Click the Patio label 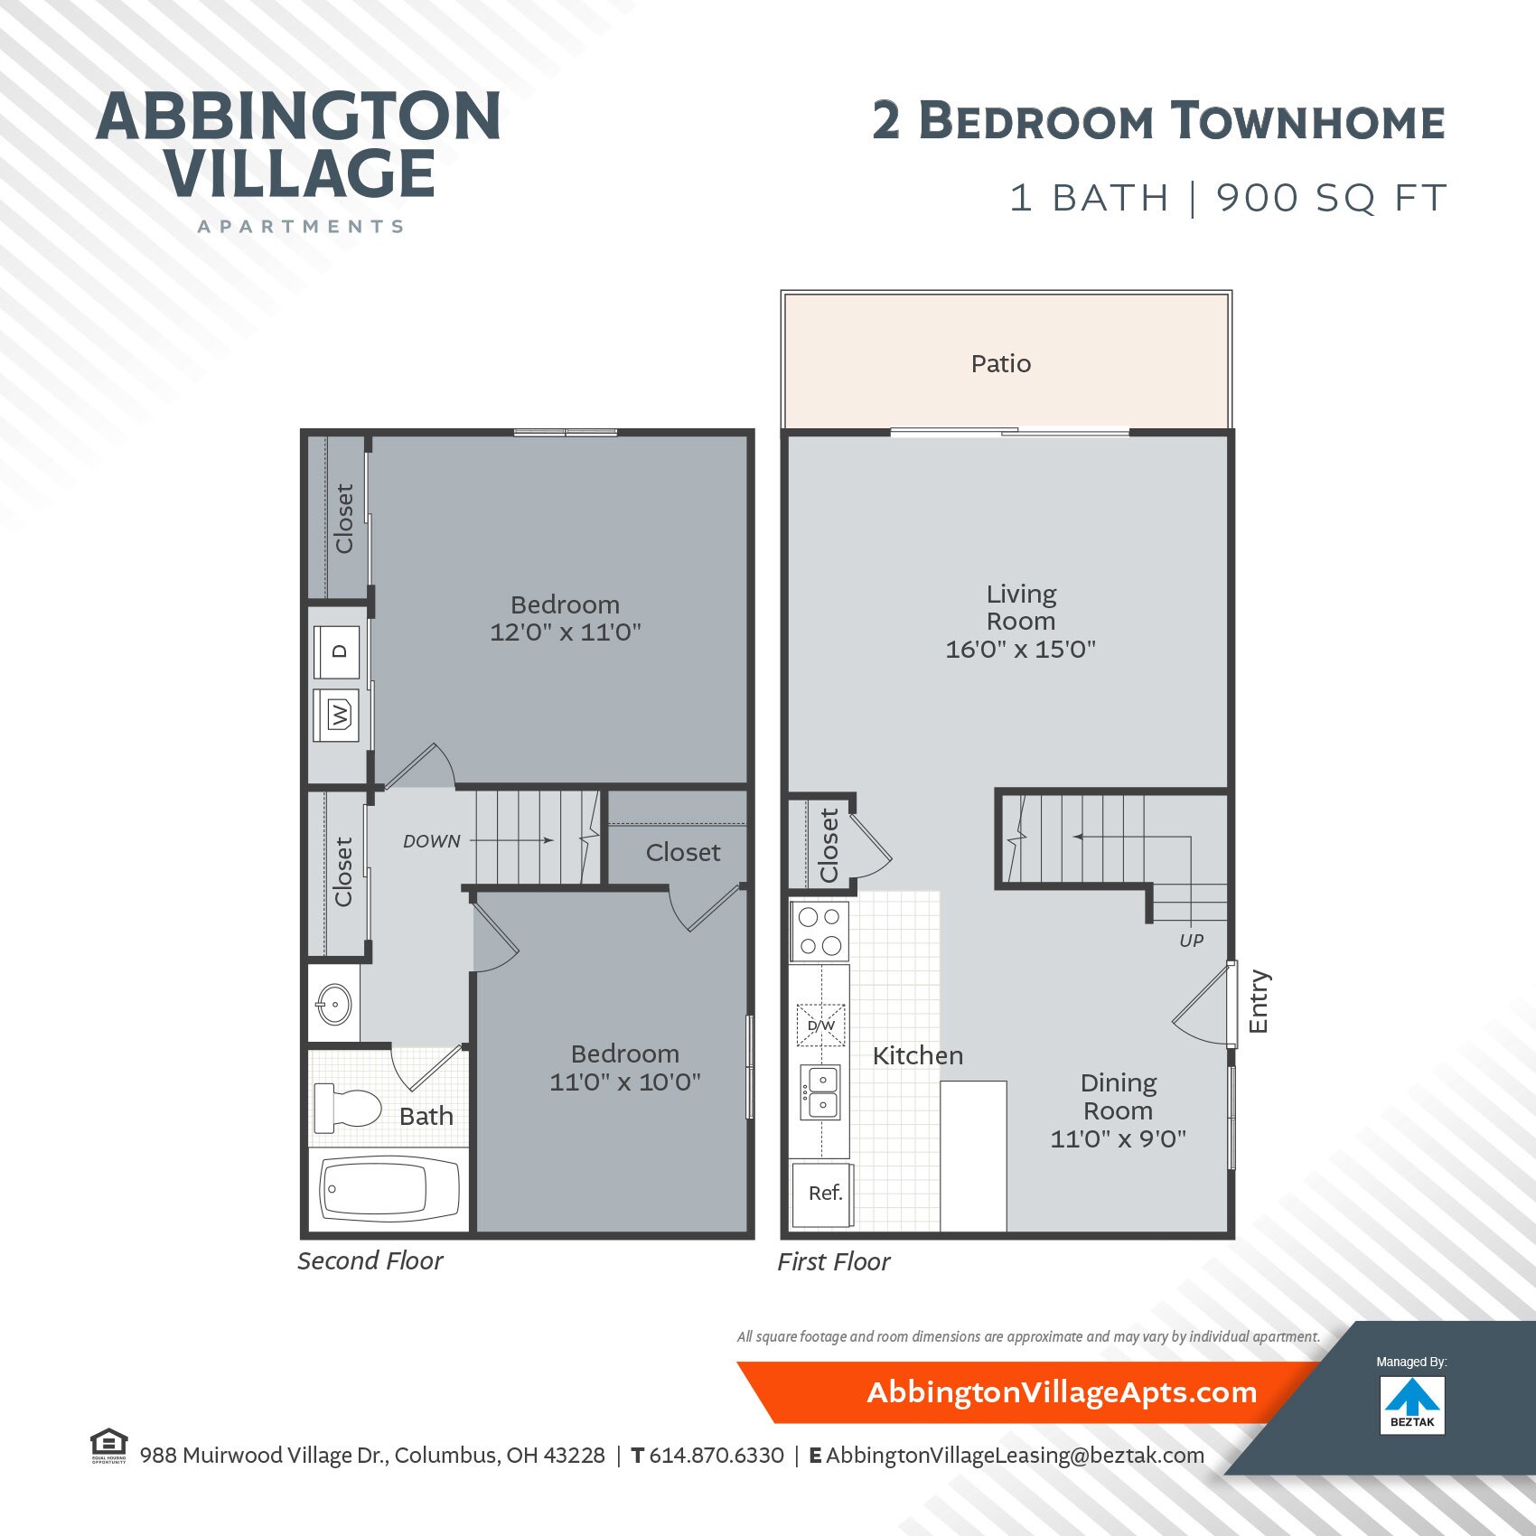1000,364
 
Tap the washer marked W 337,715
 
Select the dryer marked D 337,651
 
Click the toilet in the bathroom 348,1108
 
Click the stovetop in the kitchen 820,931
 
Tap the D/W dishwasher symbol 820,1026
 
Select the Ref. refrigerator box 824,1194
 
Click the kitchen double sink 822,1091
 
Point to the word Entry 1259,1001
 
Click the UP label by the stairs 1191,941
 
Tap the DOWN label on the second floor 432,841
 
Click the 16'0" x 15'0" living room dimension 1020,649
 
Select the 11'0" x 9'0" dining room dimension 1118,1138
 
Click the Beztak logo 1412,1404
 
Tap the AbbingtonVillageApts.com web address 1062,1392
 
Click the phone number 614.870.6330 716,1456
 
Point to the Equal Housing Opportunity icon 108,1445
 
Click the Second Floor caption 370,1261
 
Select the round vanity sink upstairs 333,1004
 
